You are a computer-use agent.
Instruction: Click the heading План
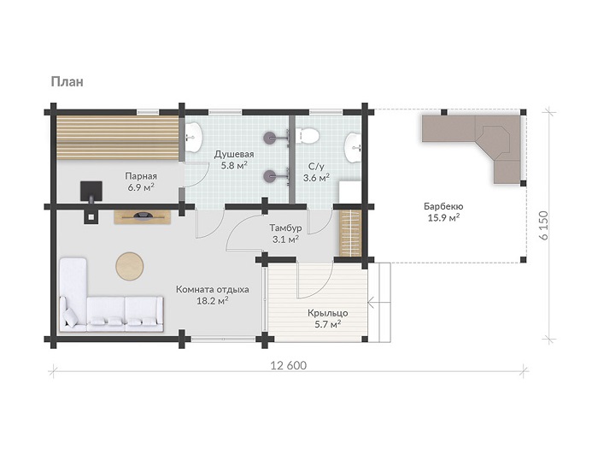(67, 82)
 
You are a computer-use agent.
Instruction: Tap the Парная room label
(141, 176)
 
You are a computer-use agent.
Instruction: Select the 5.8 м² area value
(234, 166)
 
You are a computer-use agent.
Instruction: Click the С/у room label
(316, 167)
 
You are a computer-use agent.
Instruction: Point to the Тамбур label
(285, 228)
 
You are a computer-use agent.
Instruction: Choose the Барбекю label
(443, 207)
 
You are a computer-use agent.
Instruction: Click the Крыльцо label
(327, 313)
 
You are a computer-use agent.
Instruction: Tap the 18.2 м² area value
(213, 301)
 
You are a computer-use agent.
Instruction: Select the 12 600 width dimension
(289, 365)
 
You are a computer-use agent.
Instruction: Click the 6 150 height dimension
(544, 225)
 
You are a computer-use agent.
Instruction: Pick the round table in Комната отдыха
(130, 266)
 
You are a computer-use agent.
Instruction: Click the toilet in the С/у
(307, 136)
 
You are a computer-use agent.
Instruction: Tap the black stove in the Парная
(91, 192)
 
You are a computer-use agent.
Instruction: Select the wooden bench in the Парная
(118, 139)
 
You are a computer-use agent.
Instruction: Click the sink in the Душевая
(194, 137)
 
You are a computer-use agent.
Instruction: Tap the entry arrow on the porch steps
(379, 303)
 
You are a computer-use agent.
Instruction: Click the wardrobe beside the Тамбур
(349, 233)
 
